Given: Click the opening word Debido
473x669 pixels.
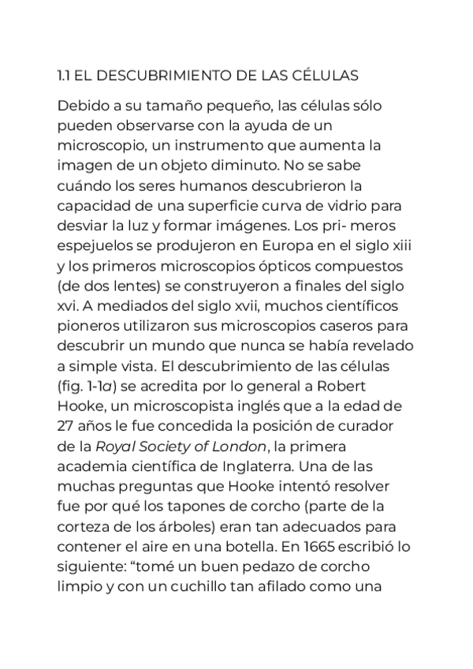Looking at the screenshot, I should coord(79,106).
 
